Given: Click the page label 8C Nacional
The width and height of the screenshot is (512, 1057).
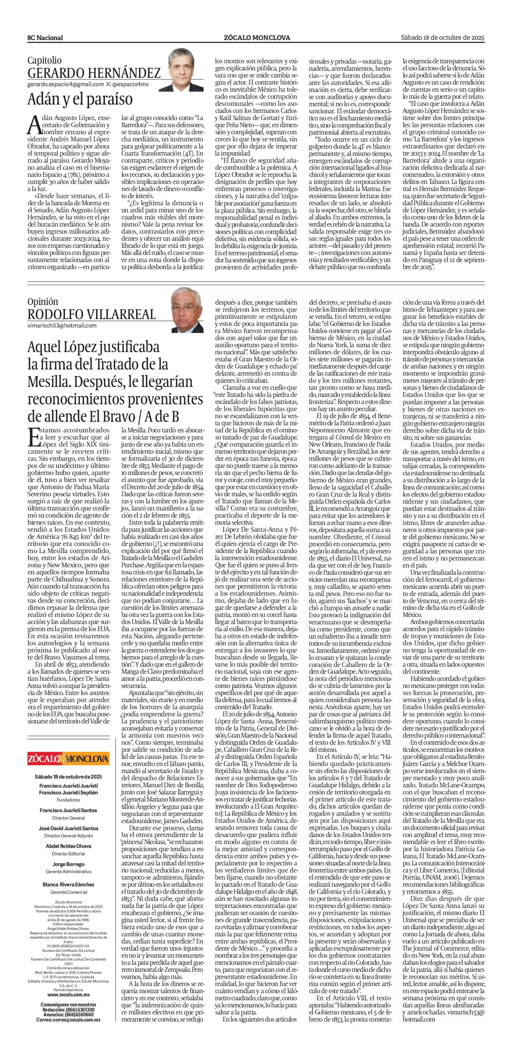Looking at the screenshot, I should tap(45, 38).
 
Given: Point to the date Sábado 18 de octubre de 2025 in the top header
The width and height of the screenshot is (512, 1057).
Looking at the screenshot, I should tap(442, 37).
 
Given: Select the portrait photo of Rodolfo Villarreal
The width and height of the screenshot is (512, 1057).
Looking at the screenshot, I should tap(187, 310).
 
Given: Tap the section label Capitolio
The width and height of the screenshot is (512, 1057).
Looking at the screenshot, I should tap(44, 61).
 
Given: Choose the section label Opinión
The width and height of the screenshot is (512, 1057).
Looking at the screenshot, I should tap(43, 302).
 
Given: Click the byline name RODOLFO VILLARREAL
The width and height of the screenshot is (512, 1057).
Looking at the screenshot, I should tap(92, 314).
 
